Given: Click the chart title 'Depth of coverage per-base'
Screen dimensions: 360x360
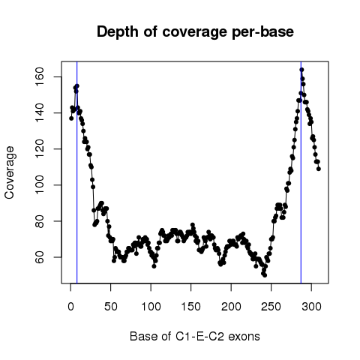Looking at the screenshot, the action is tap(195, 32).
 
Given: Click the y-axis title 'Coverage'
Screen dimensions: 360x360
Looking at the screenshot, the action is tap(10, 172).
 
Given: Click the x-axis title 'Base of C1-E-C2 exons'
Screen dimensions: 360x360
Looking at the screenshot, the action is tap(195, 337).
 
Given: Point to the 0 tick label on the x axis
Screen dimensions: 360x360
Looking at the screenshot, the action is tap(70, 307).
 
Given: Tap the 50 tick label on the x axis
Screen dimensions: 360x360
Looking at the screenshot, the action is tap(111, 307).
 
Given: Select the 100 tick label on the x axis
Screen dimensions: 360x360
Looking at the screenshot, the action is tap(151, 307).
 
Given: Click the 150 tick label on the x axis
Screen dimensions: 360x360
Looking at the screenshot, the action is tap(191, 307).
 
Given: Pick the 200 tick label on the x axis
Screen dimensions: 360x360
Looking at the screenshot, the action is tap(231, 307).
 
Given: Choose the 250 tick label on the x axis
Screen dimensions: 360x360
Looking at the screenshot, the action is tap(271, 307).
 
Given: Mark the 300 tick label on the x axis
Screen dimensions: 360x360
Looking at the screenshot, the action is tap(311, 307).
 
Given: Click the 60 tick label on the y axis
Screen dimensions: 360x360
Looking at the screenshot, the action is tap(40, 257).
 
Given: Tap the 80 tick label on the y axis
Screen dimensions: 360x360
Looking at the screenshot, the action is tap(40, 221).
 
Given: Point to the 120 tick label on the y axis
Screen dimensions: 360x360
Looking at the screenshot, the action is tap(40, 149).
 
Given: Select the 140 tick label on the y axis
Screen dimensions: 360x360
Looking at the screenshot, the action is tap(40, 113).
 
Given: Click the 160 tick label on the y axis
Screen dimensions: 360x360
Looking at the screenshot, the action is tap(40, 77).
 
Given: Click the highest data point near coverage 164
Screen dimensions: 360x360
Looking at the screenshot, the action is tap(301, 70).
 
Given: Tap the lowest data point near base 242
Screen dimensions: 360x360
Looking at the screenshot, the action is tap(265, 275).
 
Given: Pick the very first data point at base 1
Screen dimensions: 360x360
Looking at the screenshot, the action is tap(71, 118).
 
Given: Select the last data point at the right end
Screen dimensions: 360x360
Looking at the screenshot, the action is tap(319, 169).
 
